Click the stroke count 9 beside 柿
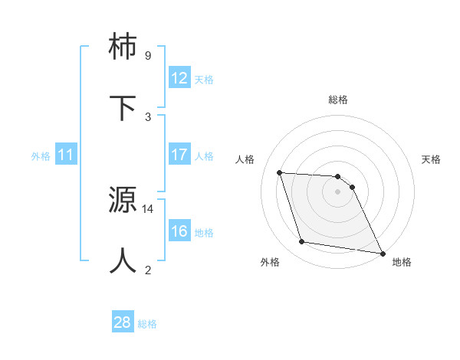tap(147, 56)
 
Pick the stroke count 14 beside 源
tap(148, 208)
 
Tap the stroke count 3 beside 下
tap(147, 116)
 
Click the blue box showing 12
tap(179, 78)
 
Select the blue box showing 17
tap(179, 155)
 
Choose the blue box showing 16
tap(179, 231)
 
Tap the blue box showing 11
tap(66, 155)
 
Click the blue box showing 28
tap(123, 322)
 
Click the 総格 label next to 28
tap(147, 324)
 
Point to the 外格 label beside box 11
tap(41, 156)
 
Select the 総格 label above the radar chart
tap(338, 100)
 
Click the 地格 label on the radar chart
tap(402, 262)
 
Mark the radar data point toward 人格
tap(280, 172)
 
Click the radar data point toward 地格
tap(382, 253)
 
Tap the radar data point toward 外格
tap(302, 242)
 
